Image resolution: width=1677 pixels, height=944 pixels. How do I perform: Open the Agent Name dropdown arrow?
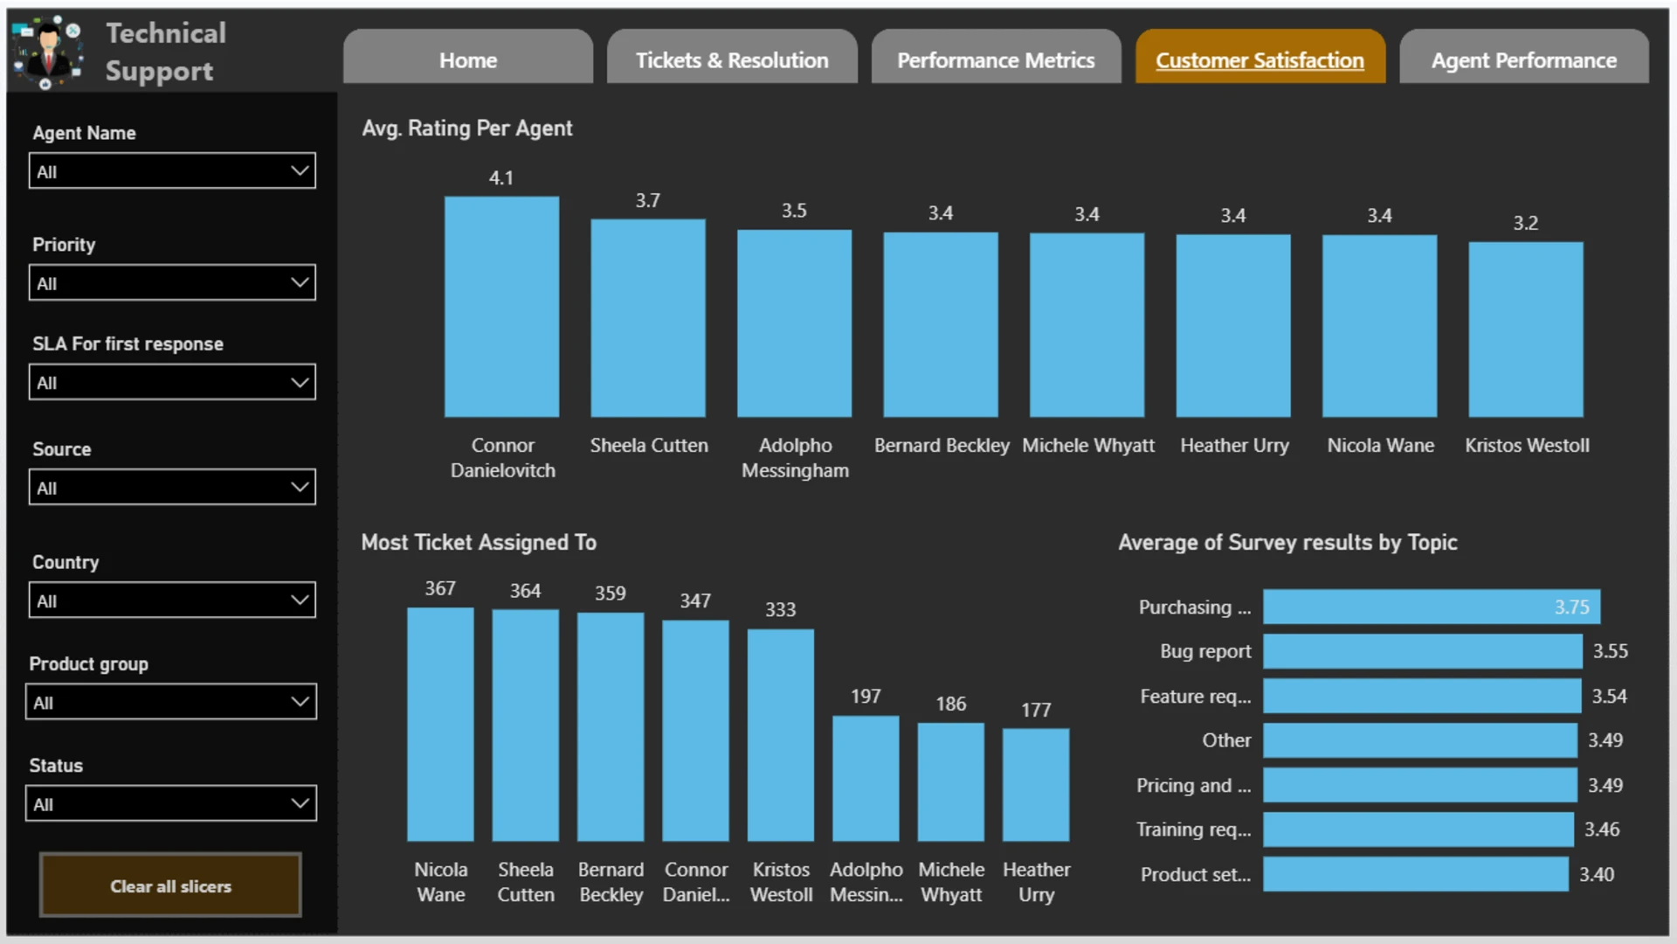click(300, 170)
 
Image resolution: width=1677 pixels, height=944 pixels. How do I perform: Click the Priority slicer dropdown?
click(172, 283)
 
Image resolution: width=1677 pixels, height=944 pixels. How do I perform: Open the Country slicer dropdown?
click(172, 600)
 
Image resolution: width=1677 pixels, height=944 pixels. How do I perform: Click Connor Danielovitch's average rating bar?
click(501, 307)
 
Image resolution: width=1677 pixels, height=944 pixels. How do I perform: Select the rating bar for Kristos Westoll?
click(1526, 330)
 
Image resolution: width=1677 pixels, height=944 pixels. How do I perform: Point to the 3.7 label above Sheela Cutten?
click(648, 200)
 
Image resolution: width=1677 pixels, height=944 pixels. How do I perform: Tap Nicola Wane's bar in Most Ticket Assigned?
click(440, 725)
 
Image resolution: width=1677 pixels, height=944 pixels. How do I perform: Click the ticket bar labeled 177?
click(1036, 785)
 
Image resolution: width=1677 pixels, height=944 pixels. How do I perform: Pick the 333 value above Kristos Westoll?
click(781, 609)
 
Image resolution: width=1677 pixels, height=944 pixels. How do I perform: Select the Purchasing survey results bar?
click(1432, 607)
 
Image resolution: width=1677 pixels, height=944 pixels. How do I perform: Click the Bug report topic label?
click(1205, 651)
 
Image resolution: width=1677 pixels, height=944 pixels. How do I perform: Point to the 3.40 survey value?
click(1597, 874)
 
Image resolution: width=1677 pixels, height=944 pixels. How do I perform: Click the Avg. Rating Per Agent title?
click(467, 128)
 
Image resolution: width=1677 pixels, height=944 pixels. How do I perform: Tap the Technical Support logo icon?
click(49, 52)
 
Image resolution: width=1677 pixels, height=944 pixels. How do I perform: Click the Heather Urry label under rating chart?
click(1234, 446)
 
